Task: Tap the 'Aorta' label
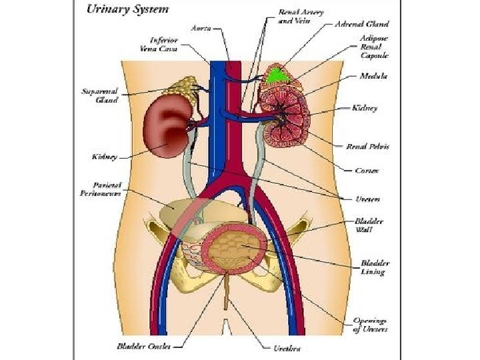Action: pos(202,28)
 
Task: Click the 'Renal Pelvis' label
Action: pos(367,146)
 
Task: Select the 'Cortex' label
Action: pos(367,171)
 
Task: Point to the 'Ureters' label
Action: pos(367,199)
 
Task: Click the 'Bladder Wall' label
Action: pos(369,225)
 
